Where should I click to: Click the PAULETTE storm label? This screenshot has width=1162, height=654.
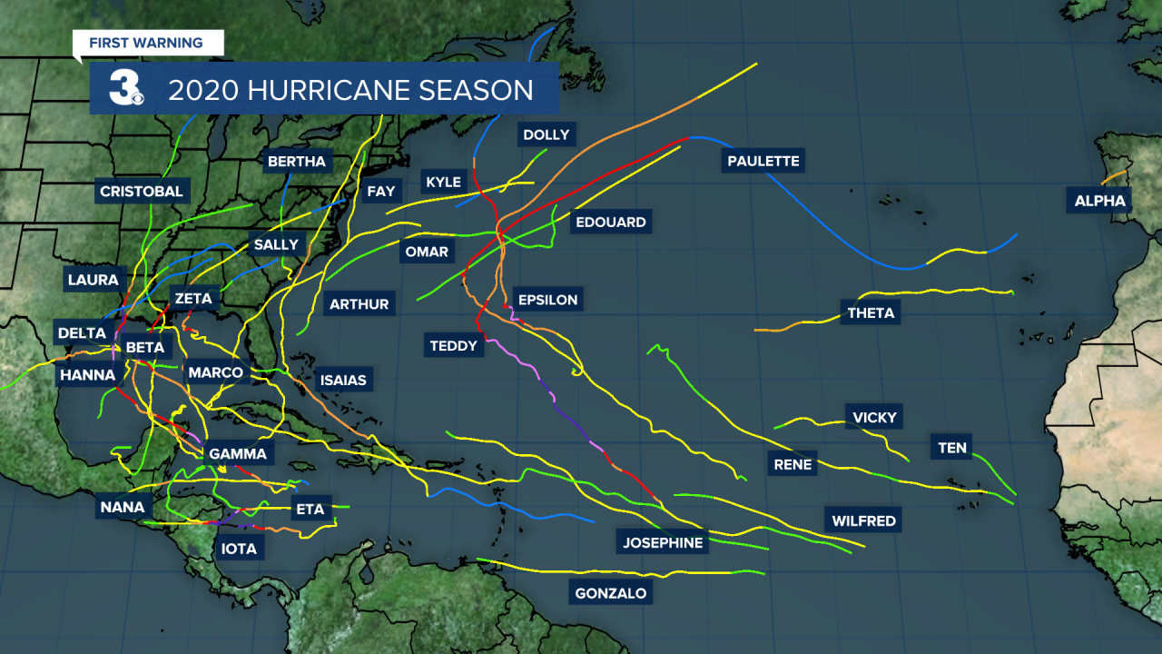click(x=763, y=162)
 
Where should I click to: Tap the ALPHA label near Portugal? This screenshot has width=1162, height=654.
click(x=1099, y=202)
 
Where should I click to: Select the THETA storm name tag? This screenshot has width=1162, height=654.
click(x=871, y=313)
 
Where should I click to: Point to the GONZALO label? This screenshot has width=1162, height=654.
click(x=611, y=594)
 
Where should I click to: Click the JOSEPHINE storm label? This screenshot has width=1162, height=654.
click(x=663, y=543)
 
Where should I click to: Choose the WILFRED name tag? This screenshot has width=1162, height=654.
click(x=863, y=520)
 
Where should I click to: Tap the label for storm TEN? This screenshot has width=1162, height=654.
click(x=952, y=448)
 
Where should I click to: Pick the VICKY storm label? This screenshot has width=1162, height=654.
click(x=874, y=418)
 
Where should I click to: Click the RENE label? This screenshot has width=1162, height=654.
click(x=793, y=464)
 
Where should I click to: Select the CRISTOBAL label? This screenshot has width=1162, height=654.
click(x=142, y=192)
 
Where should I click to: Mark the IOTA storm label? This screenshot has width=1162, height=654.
click(x=239, y=549)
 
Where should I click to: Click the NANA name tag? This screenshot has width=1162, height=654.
click(x=123, y=507)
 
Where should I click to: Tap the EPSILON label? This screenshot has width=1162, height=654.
click(x=547, y=300)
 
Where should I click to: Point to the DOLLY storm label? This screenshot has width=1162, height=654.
click(x=546, y=135)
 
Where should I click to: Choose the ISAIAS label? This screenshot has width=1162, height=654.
click(x=343, y=381)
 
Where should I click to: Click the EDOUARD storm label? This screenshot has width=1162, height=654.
click(x=610, y=223)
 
